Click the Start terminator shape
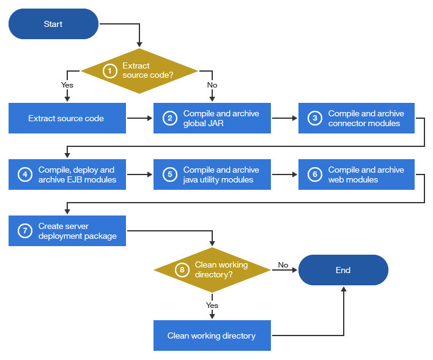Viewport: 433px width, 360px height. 53,24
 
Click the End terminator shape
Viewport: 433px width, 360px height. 343,270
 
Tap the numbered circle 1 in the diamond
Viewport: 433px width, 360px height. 109,71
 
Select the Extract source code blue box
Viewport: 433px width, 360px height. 67,118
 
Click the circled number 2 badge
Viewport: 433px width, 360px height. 169,118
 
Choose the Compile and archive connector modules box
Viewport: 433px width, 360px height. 357,118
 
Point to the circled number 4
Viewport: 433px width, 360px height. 25,174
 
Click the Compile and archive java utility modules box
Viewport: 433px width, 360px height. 212,174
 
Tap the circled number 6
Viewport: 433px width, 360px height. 314,174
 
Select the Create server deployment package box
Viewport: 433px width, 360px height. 67,231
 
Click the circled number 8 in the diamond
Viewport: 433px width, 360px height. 182,270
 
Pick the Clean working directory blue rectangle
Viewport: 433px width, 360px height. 212,336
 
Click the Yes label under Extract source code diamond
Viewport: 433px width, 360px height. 67,84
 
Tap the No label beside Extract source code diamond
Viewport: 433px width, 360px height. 212,84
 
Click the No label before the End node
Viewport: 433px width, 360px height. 283,265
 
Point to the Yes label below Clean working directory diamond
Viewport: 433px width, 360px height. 212,305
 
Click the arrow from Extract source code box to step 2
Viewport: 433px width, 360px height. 139,118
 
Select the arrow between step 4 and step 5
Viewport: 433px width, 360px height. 139,174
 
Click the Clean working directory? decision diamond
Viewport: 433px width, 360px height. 212,270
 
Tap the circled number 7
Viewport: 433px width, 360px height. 25,231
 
